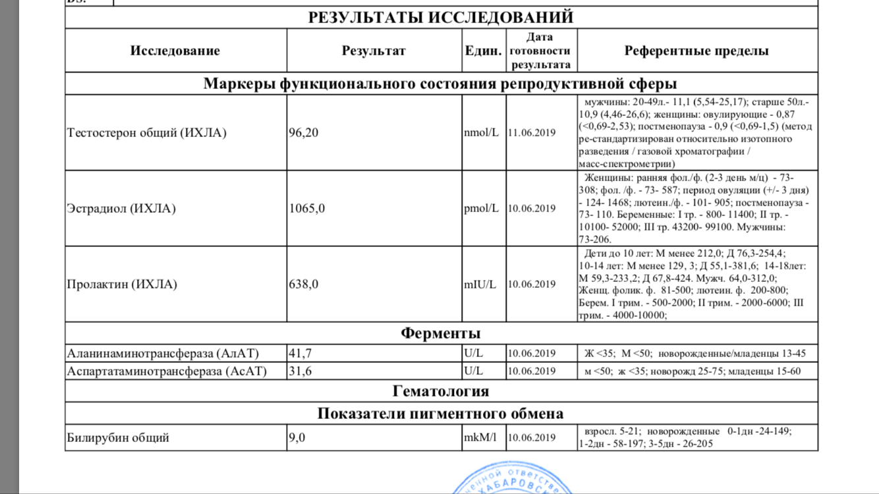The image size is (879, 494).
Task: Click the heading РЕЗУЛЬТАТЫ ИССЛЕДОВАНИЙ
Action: (441, 18)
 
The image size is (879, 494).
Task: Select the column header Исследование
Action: (175, 51)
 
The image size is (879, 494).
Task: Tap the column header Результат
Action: (374, 51)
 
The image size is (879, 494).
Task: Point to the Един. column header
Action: (483, 51)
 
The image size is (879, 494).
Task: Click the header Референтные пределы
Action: (696, 51)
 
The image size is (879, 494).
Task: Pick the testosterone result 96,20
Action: (304, 133)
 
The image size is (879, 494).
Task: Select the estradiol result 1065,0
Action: (307, 209)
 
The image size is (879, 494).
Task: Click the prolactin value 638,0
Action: (304, 285)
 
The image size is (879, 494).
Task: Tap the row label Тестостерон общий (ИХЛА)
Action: (146, 133)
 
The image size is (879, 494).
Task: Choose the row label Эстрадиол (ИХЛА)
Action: (121, 209)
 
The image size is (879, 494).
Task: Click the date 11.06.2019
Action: (532, 133)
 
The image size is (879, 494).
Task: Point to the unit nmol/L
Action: (482, 133)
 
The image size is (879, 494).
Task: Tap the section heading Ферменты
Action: (441, 333)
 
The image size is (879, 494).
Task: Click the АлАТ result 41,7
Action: (300, 353)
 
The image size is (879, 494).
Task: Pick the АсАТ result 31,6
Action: (300, 371)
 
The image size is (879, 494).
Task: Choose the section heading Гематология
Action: (441, 391)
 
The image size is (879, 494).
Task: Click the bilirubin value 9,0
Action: (298, 437)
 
